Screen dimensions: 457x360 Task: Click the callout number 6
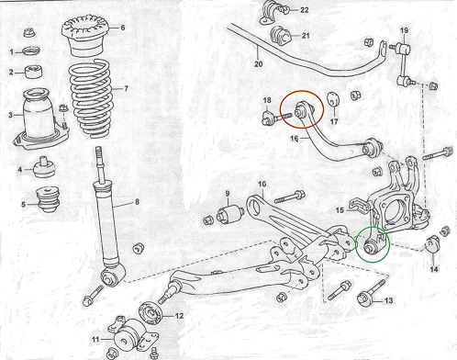click(x=123, y=28)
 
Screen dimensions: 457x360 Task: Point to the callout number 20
click(x=259, y=64)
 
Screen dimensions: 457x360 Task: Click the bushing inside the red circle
click(x=302, y=110)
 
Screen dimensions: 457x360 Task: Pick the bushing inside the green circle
click(x=372, y=246)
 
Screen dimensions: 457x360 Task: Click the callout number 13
click(x=388, y=300)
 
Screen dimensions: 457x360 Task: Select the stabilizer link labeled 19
click(x=403, y=63)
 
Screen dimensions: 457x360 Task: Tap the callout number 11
click(x=95, y=339)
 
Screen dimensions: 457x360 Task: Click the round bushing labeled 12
click(x=150, y=312)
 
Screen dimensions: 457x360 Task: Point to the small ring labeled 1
click(x=32, y=51)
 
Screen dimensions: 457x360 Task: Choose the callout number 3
click(x=11, y=115)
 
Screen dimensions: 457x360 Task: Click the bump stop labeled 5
click(x=48, y=199)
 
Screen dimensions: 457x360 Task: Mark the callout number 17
click(x=334, y=121)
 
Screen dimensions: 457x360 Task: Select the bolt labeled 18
click(x=274, y=118)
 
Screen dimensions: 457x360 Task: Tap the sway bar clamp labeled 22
click(x=273, y=14)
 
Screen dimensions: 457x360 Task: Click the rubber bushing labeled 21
click(x=281, y=36)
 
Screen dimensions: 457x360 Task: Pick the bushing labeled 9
click(x=230, y=214)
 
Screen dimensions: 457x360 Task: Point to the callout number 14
click(x=434, y=269)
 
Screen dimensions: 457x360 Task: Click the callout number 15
click(x=340, y=210)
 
